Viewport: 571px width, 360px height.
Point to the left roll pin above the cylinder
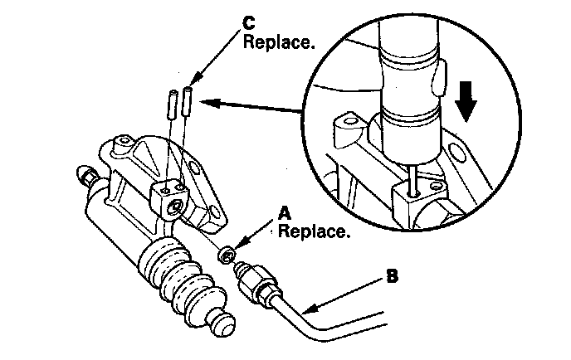pyautogui.click(x=171, y=105)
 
